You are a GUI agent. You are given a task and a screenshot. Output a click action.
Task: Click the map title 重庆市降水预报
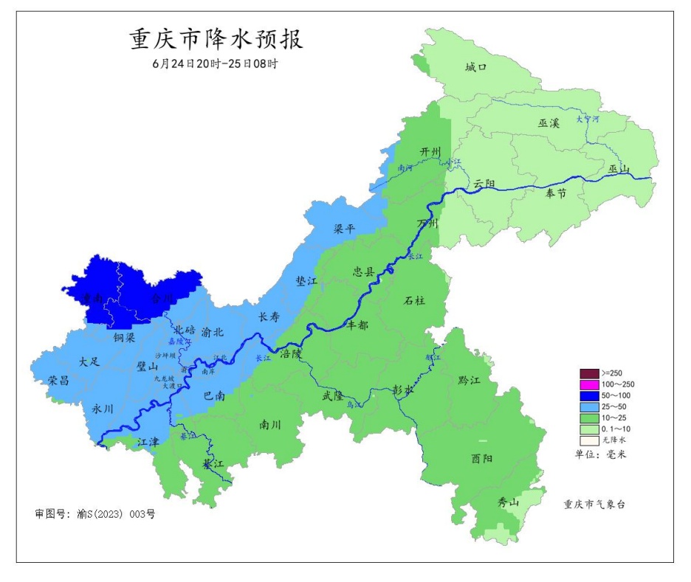pyautogui.click(x=216, y=39)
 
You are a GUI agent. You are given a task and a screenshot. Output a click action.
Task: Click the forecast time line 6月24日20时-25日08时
pyautogui.click(x=215, y=64)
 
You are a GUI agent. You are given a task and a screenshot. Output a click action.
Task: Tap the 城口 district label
pyautogui.click(x=476, y=67)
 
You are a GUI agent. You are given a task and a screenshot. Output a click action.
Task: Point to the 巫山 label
pyautogui.click(x=619, y=169)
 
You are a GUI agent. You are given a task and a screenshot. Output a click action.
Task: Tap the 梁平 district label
pyautogui.click(x=345, y=229)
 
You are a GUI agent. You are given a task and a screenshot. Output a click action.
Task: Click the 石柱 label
pyautogui.click(x=415, y=300)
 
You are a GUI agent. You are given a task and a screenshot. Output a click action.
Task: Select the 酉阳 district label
pyautogui.click(x=481, y=459)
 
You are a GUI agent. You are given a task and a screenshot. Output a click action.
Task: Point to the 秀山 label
pyautogui.click(x=508, y=503)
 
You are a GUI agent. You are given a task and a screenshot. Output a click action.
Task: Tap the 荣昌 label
pyautogui.click(x=59, y=380)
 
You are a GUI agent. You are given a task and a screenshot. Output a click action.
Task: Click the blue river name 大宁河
pyautogui.click(x=588, y=118)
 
